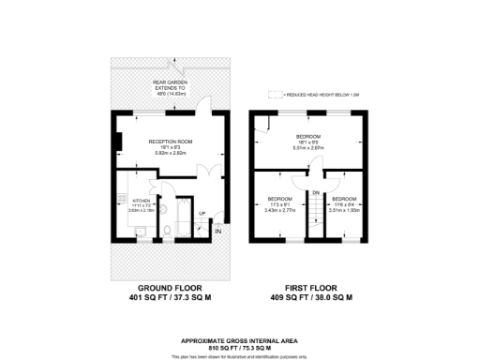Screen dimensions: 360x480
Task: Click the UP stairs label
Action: [x=202, y=214]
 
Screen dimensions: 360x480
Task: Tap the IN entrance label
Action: [x=217, y=231]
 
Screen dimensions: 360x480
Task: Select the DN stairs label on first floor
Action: [x=316, y=192]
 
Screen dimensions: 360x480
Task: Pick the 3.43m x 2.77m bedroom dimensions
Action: [x=280, y=211]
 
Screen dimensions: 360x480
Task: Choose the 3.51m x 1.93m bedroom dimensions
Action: [x=344, y=211]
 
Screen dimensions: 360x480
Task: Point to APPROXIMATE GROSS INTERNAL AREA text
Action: [x=239, y=339]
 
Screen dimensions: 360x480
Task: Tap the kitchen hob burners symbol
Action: [x=121, y=200]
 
